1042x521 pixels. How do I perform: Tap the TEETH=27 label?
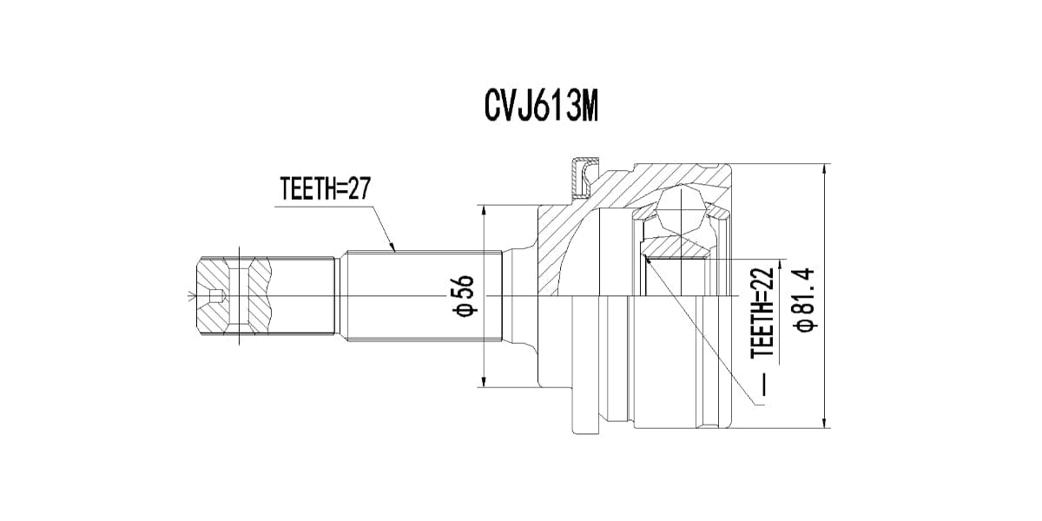point(325,188)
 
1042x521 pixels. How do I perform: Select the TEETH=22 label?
point(762,313)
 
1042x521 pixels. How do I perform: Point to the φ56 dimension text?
point(464,297)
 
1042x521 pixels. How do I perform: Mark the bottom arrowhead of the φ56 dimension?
point(485,381)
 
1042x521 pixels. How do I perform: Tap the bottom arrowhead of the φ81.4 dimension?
point(825,422)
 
